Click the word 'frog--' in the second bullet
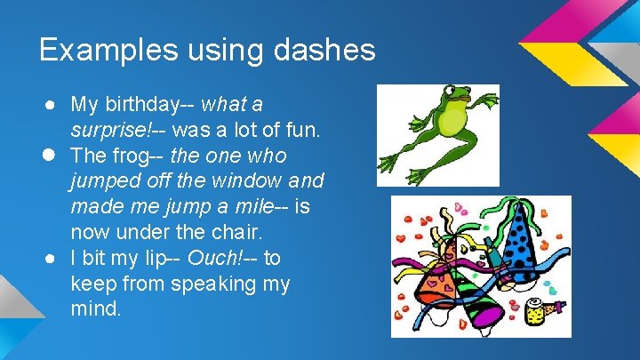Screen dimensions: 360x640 pyautogui.click(x=138, y=156)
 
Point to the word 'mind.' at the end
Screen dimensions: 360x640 pyautogui.click(x=97, y=310)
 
